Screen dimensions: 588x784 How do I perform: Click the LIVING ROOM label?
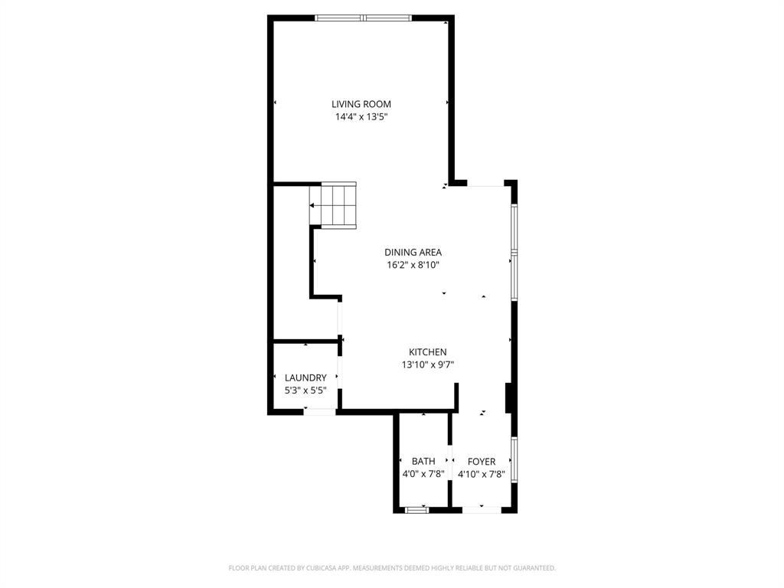[361, 104]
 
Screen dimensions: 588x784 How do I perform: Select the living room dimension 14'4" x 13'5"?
[361, 117]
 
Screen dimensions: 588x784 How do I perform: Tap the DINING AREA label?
[413, 252]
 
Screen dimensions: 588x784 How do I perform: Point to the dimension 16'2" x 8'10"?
[413, 265]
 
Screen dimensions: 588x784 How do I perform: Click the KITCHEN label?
[427, 352]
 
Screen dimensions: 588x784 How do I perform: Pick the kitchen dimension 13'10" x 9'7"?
[427, 365]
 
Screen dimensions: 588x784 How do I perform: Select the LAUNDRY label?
[305, 377]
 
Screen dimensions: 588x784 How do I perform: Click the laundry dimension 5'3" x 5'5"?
[305, 390]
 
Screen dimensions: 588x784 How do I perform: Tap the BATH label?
[423, 461]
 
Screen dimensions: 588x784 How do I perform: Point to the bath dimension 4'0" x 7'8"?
[423, 474]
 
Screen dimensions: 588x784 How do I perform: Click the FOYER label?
[482, 461]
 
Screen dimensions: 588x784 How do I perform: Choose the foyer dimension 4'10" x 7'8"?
[482, 474]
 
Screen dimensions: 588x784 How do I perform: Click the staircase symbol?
[333, 205]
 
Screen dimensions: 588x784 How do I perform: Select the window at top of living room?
[364, 18]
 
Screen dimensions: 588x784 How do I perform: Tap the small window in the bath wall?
[417, 509]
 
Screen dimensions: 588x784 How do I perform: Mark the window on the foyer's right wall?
[514, 459]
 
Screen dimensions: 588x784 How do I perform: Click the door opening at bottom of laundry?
[319, 412]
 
